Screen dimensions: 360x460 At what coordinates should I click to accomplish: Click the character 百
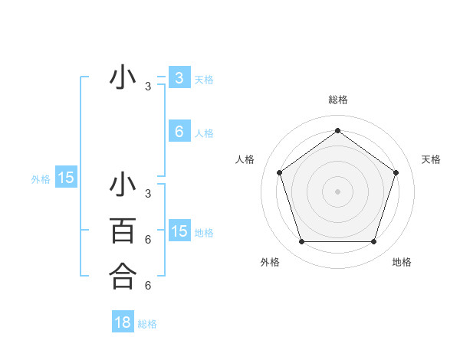(x=123, y=231)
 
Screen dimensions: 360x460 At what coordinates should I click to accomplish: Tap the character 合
(x=123, y=277)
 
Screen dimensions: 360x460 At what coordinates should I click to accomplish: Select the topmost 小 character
(x=123, y=78)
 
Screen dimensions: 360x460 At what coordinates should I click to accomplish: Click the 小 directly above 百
(x=123, y=185)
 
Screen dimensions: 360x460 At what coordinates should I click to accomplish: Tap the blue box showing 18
(x=123, y=322)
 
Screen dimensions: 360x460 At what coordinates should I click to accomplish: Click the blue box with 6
(x=179, y=132)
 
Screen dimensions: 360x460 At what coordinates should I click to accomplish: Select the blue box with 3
(x=179, y=78)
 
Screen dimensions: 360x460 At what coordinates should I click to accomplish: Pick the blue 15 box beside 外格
(x=66, y=178)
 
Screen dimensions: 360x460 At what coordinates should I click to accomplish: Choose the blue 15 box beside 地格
(x=179, y=231)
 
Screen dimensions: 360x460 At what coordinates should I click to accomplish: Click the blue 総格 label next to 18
(x=147, y=324)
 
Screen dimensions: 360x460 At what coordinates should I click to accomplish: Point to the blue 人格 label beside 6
(x=204, y=133)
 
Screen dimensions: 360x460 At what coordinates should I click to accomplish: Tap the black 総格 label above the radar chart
(x=338, y=100)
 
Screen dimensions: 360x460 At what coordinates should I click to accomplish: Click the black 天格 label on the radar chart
(x=431, y=159)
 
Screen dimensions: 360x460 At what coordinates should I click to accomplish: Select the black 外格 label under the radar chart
(x=270, y=263)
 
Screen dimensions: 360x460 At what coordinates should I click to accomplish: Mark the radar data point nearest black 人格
(x=279, y=172)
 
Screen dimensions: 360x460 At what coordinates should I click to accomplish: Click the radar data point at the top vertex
(x=338, y=130)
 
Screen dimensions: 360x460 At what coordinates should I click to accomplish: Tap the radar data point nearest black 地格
(x=374, y=242)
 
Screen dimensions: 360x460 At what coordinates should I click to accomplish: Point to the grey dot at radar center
(x=338, y=191)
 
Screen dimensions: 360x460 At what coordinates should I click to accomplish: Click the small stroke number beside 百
(x=148, y=240)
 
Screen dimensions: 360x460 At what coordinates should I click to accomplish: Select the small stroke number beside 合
(x=148, y=286)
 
